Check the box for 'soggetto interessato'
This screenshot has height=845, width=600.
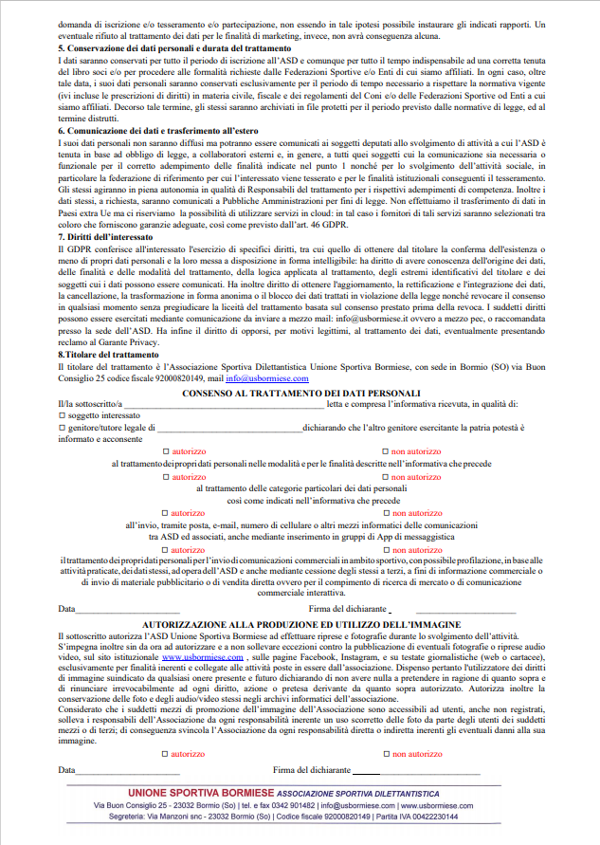tap(61, 415)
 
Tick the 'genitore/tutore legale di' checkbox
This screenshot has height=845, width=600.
tap(61, 428)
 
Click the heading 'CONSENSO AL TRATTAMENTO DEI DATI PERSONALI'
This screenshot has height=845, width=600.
tap(300, 393)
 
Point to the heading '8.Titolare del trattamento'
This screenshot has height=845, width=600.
tap(108, 354)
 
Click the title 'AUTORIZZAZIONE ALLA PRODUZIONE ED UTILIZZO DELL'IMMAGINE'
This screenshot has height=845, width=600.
tap(300, 624)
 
